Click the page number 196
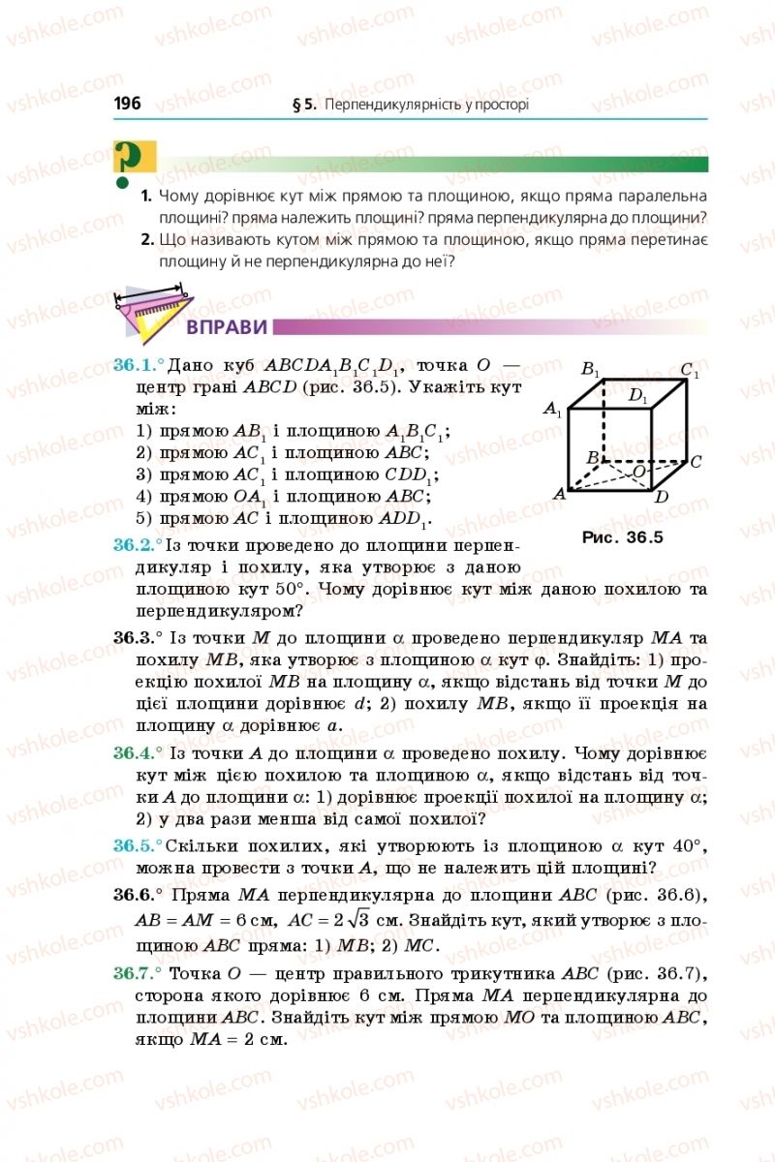coord(127,104)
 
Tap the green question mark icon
coord(127,161)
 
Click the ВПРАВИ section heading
coord(227,327)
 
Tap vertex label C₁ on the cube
coord(690,370)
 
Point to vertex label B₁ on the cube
coord(590,369)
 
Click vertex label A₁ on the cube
coord(552,411)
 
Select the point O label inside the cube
coord(638,471)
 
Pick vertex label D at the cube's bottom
coord(661,498)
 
